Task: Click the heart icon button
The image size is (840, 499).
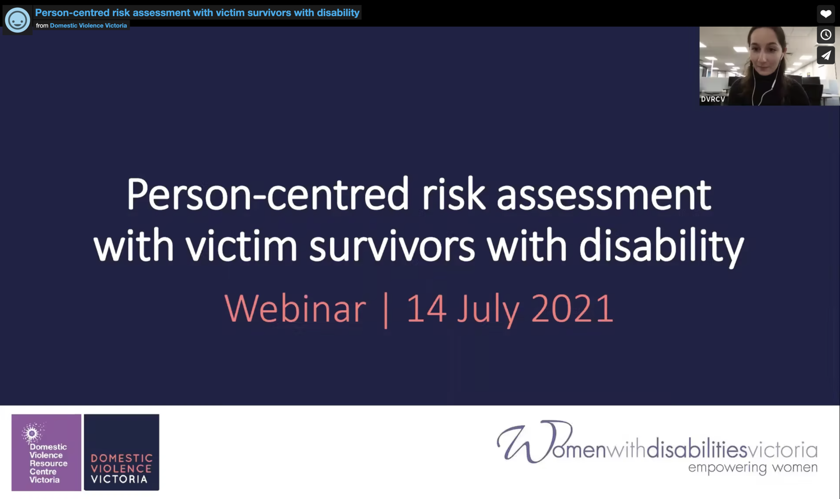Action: tap(826, 14)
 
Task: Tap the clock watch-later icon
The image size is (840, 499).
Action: tap(826, 35)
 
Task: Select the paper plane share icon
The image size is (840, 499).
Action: tap(826, 55)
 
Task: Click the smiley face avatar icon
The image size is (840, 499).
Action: tap(17, 20)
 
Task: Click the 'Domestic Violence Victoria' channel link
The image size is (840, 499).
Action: tap(88, 25)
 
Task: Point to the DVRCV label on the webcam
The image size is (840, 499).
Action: tap(713, 99)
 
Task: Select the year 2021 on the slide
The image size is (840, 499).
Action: tap(573, 309)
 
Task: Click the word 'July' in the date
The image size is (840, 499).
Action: tap(488, 310)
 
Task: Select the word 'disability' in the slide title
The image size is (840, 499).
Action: tap(661, 246)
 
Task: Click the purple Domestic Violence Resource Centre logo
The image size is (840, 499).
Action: tap(46, 452)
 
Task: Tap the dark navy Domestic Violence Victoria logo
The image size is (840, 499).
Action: tap(121, 452)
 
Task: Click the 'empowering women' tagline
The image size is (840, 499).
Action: tap(753, 468)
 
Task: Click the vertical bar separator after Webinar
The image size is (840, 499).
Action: tap(386, 309)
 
